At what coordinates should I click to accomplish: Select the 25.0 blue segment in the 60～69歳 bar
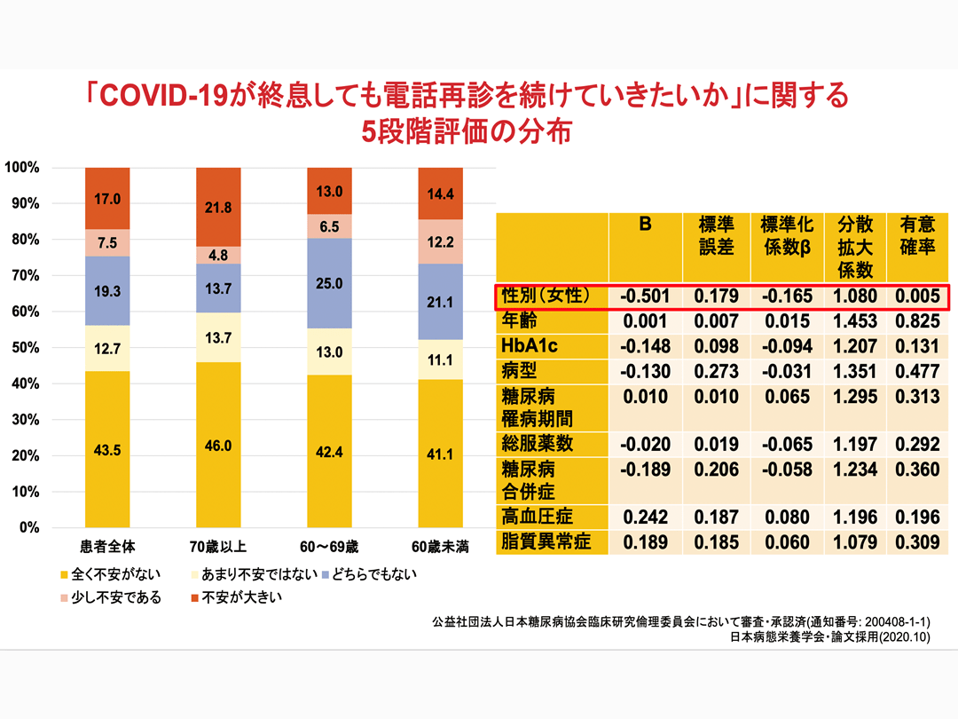(329, 283)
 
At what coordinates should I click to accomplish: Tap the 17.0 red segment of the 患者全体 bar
(107, 198)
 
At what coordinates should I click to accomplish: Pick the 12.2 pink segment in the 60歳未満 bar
(441, 241)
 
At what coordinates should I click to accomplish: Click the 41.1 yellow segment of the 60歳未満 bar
(441, 453)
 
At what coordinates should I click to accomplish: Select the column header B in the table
(645, 225)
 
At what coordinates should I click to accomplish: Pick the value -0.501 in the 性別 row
(645, 296)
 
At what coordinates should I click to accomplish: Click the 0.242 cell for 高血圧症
(645, 517)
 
